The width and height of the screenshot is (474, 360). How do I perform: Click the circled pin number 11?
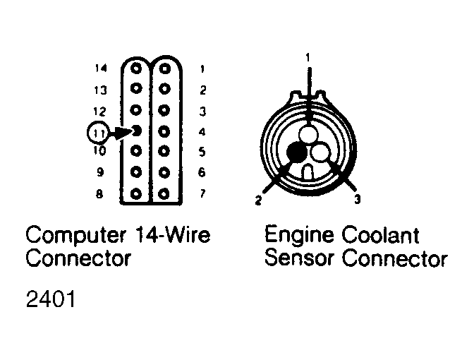[x=97, y=133]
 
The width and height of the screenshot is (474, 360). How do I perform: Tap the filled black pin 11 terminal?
[x=137, y=131]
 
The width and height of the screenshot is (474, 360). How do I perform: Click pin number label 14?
[x=101, y=68]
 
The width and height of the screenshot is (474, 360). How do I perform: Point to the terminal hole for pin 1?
[x=164, y=68]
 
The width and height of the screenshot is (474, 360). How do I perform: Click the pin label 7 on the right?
[x=202, y=193]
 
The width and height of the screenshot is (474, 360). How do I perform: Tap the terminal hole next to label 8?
[x=136, y=194]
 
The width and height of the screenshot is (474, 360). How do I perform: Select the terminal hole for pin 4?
[x=164, y=131]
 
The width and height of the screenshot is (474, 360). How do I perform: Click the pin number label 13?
[x=100, y=90]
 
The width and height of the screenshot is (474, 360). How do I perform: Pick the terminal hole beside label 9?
[x=136, y=172]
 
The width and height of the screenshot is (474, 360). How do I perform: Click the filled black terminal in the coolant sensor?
[x=296, y=152]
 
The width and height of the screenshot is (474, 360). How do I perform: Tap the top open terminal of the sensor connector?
[x=308, y=133]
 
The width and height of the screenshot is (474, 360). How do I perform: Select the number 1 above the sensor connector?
[x=308, y=57]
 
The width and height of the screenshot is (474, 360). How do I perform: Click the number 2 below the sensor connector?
[x=258, y=200]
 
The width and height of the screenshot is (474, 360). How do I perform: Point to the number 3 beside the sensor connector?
[x=358, y=199]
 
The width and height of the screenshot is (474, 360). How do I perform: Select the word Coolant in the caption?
[x=381, y=234]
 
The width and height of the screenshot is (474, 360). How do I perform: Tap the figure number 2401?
[x=51, y=299]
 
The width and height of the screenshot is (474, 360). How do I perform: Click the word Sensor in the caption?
[x=299, y=258]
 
